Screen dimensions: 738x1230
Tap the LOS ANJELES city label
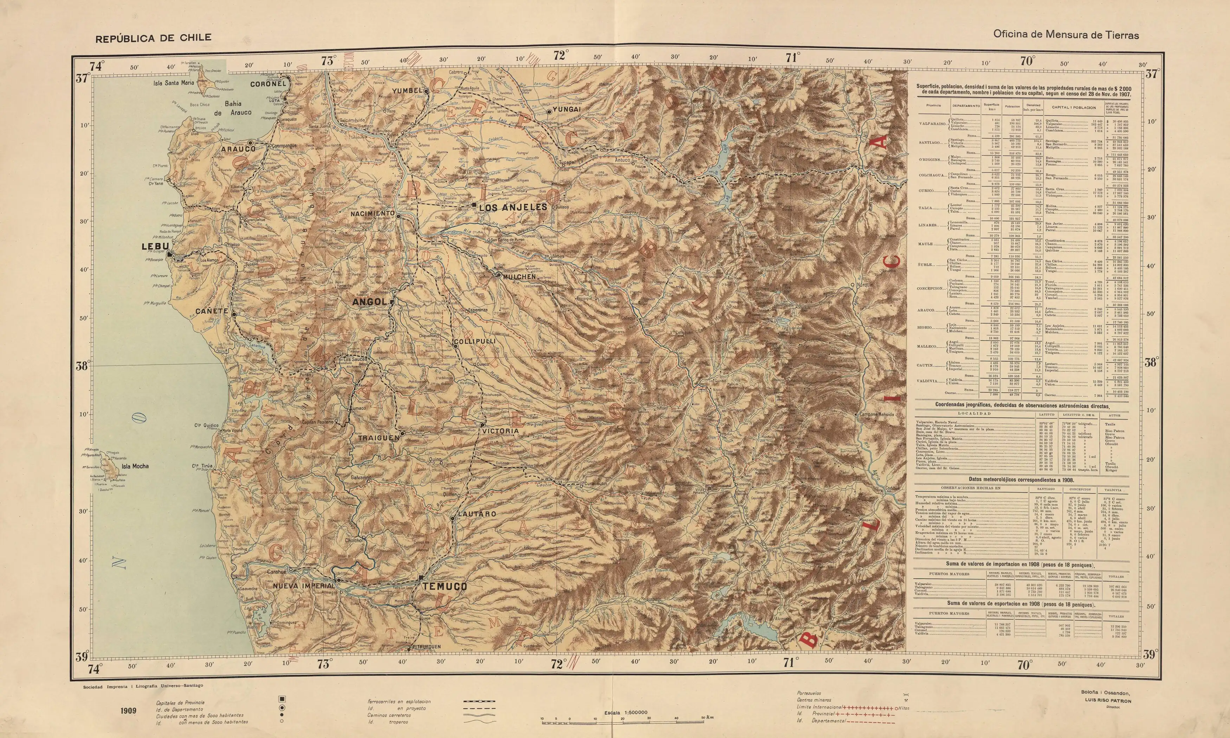[513, 207]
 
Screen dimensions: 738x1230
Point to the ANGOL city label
[369, 302]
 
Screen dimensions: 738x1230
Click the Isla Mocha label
[135, 467]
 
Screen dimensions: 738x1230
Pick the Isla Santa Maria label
[173, 83]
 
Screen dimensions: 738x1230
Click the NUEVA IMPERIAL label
[304, 586]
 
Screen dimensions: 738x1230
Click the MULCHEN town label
[519, 277]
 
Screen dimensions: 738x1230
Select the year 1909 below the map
[128, 710]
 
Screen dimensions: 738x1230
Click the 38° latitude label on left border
[82, 367]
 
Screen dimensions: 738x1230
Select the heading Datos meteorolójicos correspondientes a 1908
[1021, 480]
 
